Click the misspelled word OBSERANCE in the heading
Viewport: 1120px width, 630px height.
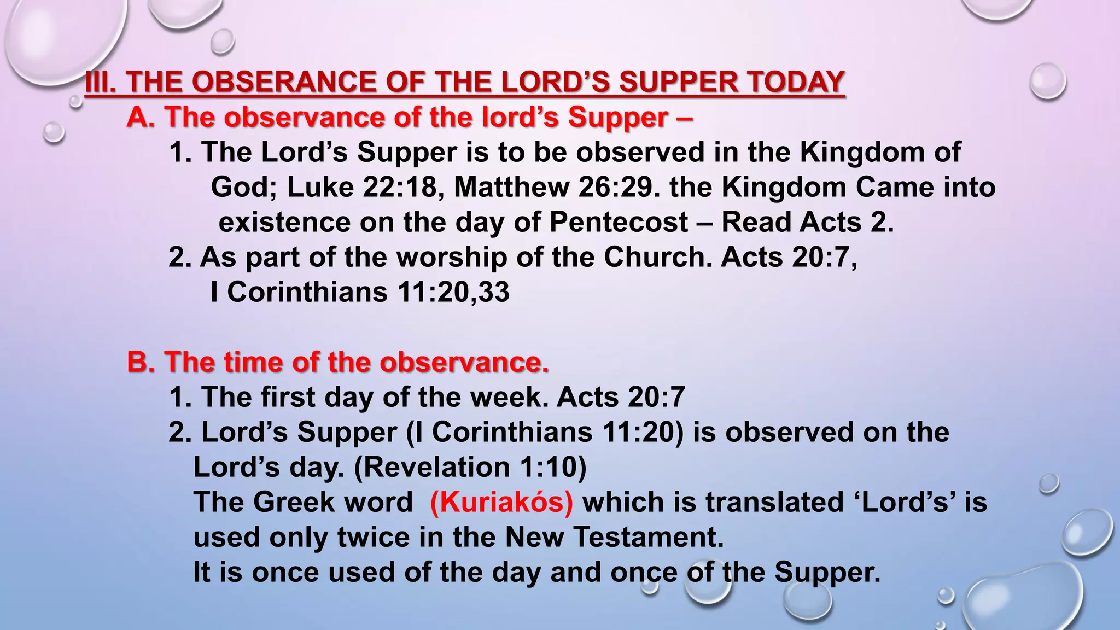click(284, 83)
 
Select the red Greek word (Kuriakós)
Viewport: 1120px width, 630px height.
click(501, 502)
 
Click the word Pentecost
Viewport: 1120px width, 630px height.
click(619, 222)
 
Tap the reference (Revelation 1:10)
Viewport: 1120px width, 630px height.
click(470, 467)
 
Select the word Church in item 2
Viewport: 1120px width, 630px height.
click(658, 257)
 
